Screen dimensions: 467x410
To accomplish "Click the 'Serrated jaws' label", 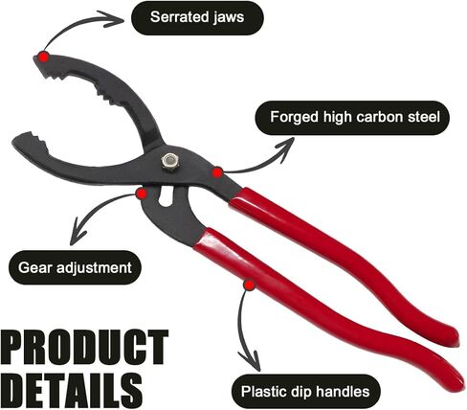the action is pyautogui.click(x=197, y=17).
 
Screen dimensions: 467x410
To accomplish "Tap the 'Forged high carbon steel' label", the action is pyautogui.click(x=352, y=118).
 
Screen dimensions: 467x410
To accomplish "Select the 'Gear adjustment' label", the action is pyautogui.click(x=75, y=267).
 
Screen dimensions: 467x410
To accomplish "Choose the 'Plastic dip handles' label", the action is pyautogui.click(x=305, y=391).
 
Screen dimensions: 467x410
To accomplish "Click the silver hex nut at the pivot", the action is pyautogui.click(x=169, y=161).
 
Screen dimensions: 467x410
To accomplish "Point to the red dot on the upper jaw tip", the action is pyautogui.click(x=44, y=57).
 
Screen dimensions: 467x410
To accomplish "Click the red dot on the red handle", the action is pyautogui.click(x=250, y=285).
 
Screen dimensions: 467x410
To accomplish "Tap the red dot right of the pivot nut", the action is pyautogui.click(x=217, y=172).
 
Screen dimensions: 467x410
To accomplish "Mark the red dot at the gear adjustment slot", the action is pyautogui.click(x=142, y=194).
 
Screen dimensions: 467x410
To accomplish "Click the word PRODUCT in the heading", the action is pyautogui.click(x=84, y=348).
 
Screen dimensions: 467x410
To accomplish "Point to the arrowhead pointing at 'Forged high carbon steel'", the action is pyautogui.click(x=285, y=149).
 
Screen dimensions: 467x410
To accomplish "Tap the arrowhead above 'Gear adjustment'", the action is pyautogui.click(x=78, y=233).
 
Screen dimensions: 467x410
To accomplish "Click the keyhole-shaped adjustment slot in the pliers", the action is pyautogui.click(x=167, y=196).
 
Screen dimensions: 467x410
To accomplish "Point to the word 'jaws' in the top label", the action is pyautogui.click(x=228, y=18).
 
